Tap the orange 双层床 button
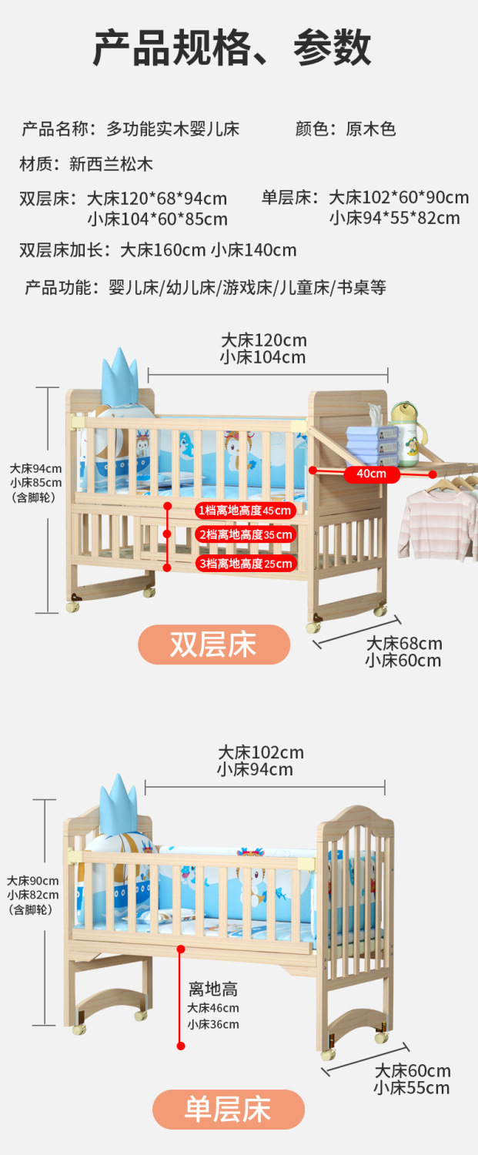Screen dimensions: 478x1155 [x=214, y=644]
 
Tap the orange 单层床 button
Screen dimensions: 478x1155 [x=228, y=1110]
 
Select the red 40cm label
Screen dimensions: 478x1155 [x=372, y=474]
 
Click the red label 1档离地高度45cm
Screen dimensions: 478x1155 [x=245, y=511]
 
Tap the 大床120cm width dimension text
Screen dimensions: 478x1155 [x=263, y=340]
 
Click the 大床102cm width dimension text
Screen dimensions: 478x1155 [x=260, y=752]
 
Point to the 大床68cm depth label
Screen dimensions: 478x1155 [x=404, y=644]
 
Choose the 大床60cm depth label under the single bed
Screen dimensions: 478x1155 [x=413, y=1071]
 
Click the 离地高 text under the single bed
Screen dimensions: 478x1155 [x=213, y=989]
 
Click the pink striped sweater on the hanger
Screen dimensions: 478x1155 [x=436, y=524]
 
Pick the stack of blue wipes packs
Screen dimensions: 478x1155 [x=372, y=446]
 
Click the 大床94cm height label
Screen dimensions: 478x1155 [x=35, y=468]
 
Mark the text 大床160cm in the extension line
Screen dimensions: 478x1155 [x=162, y=249]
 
